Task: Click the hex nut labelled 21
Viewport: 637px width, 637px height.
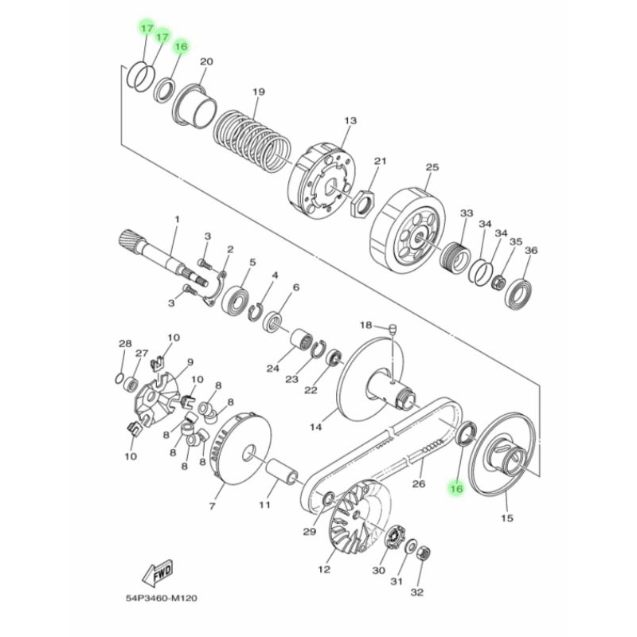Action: click(361, 203)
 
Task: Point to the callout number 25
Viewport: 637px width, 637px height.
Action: click(432, 167)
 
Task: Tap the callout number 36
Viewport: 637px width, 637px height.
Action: click(531, 250)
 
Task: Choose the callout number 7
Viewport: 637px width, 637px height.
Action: click(213, 506)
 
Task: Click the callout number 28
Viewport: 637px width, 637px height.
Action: click(125, 343)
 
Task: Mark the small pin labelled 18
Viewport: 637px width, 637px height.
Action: click(393, 328)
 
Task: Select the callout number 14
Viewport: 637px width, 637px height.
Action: click(316, 427)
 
